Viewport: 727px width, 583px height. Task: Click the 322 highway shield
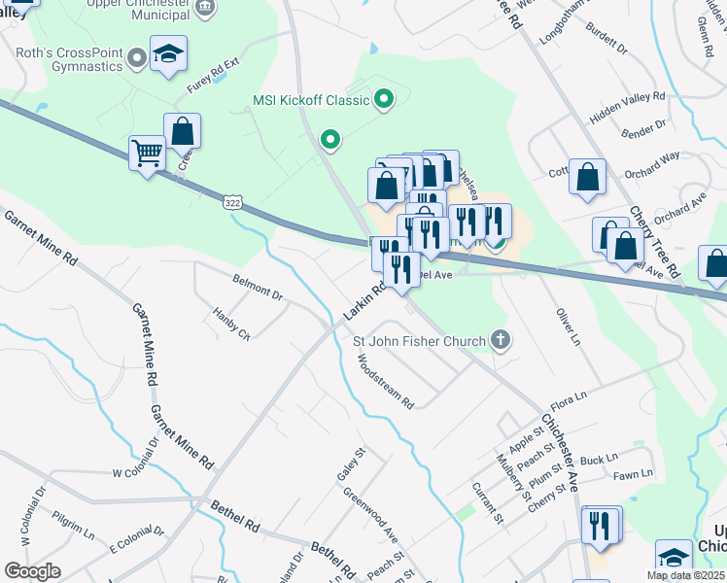[x=231, y=202]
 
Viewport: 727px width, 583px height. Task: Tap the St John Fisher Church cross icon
[x=500, y=340]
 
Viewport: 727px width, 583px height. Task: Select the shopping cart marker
[x=147, y=154]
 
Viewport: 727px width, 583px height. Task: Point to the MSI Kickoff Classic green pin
[x=384, y=99]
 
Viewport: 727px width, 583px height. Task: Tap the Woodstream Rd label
[x=385, y=380]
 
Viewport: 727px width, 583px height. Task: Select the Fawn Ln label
[x=633, y=474]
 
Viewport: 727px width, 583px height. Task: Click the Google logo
[x=32, y=570]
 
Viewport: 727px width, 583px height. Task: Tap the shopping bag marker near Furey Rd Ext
[x=182, y=130]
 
